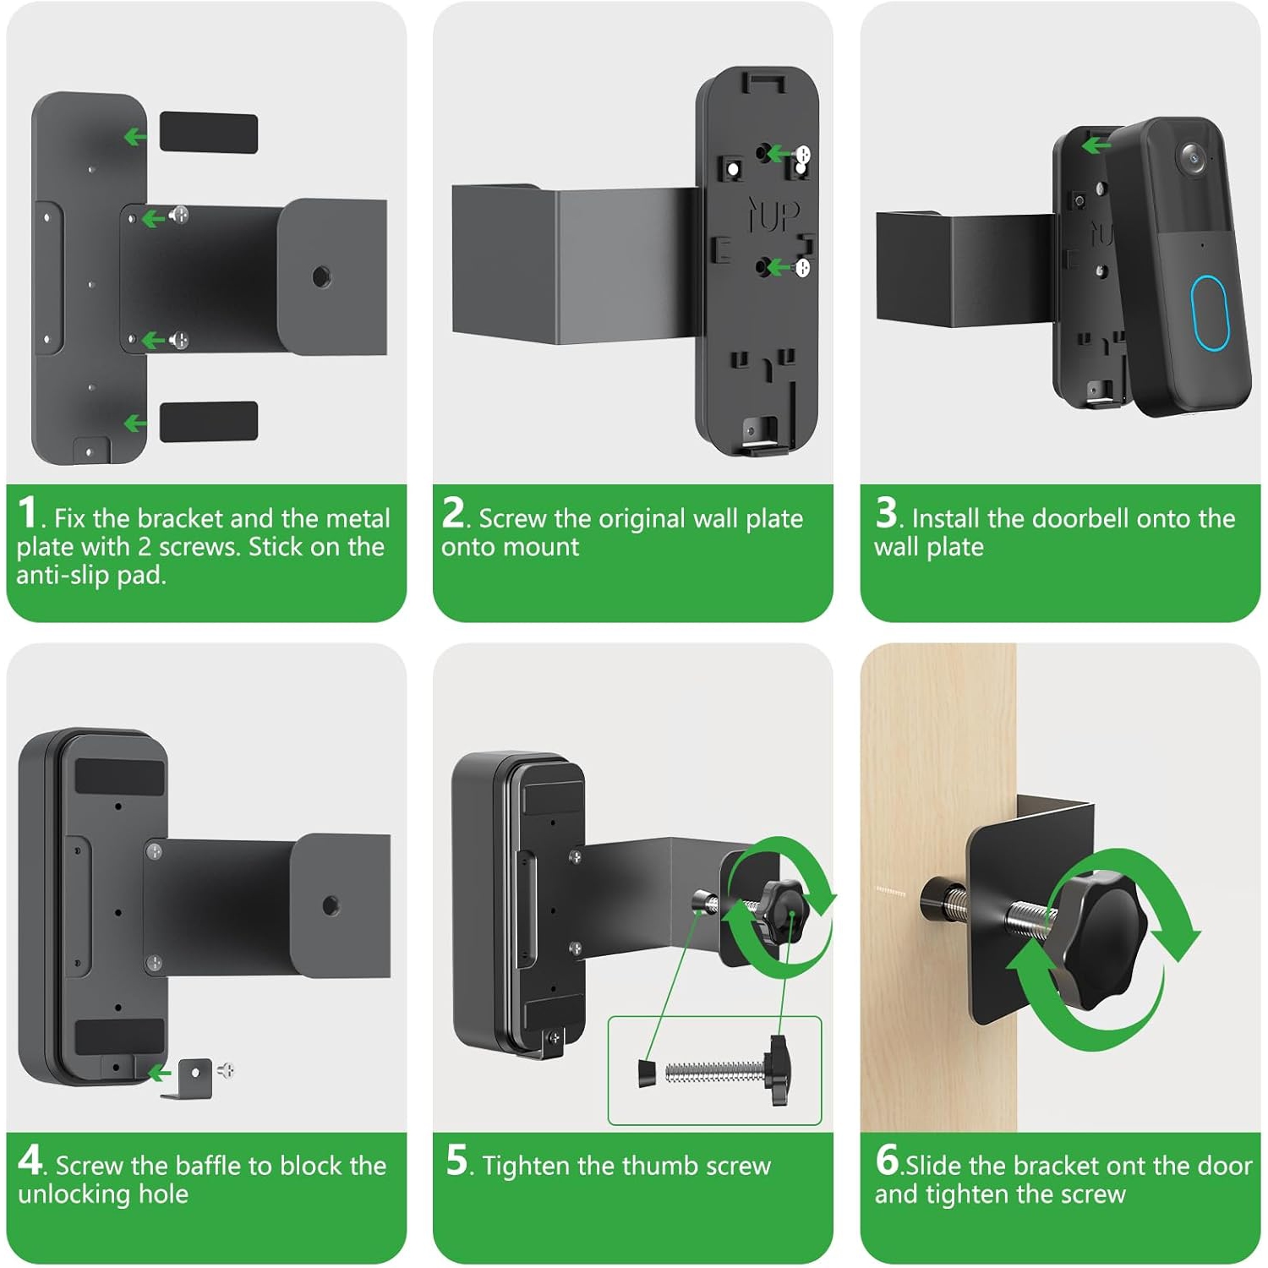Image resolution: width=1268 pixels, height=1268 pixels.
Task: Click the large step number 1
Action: point(27,512)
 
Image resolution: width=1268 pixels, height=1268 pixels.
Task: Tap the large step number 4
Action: point(30,1160)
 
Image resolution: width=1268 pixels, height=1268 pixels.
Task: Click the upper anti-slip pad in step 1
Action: point(208,133)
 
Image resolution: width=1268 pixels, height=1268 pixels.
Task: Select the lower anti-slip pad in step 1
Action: point(208,421)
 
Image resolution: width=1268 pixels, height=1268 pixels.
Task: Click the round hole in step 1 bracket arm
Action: point(321,276)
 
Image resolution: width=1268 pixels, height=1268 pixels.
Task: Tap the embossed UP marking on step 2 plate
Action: point(773,215)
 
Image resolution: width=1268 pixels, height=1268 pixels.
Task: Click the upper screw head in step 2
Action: point(802,155)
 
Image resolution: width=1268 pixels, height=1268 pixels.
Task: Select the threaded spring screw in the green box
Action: point(714,1071)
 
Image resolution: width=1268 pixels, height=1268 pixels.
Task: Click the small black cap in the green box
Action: point(647,1072)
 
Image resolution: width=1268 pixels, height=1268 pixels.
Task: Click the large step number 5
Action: point(456,1160)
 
